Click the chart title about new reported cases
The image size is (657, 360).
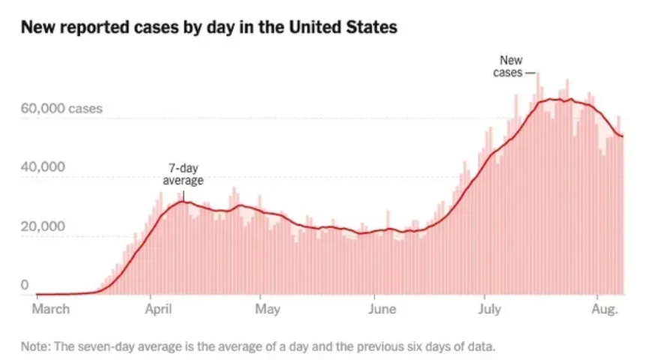tap(208, 28)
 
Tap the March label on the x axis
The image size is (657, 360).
tap(52, 309)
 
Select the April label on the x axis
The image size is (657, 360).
tap(158, 309)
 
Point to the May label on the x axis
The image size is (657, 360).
tap(268, 309)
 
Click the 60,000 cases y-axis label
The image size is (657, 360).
tap(61, 109)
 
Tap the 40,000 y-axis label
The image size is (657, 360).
tap(43, 166)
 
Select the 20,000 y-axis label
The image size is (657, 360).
tap(43, 226)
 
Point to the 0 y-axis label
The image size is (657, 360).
tap(25, 285)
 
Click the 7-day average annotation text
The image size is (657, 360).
tap(183, 175)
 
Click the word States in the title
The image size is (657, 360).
tap(370, 28)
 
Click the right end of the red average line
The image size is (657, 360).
tap(623, 136)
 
